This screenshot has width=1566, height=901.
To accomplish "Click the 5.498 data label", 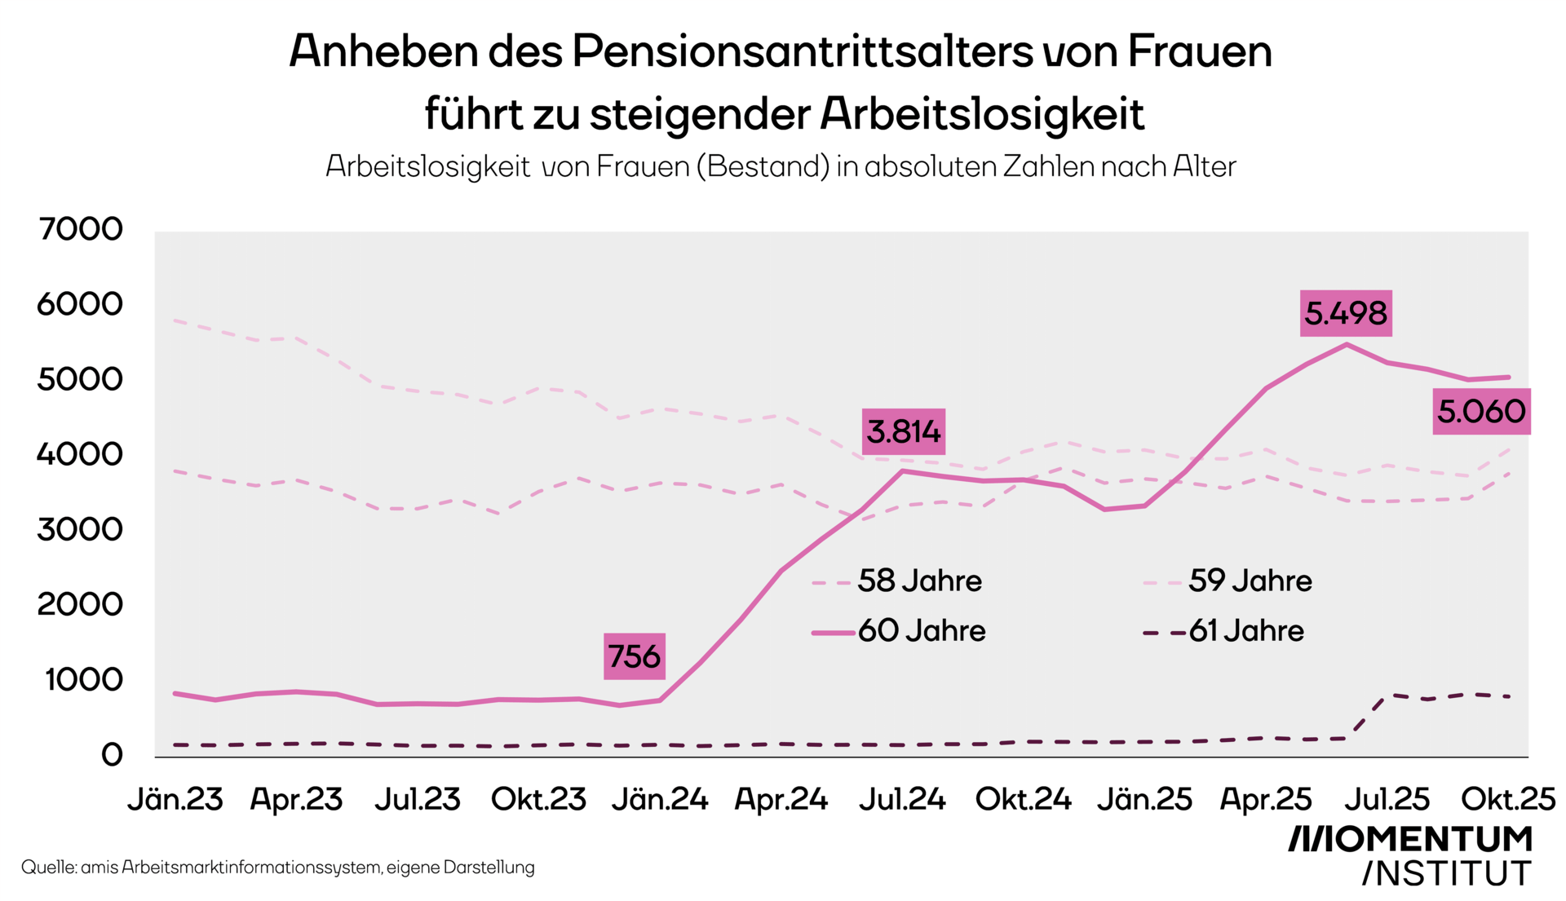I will (x=1345, y=313).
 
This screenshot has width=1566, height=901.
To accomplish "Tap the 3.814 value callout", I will (x=904, y=431).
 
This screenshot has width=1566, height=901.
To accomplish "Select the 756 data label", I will (x=635, y=656).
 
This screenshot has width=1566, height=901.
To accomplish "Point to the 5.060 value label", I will (x=1481, y=411).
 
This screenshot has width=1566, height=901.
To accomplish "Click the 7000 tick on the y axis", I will (x=80, y=229).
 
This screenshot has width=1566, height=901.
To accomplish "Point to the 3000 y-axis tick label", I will (x=80, y=530).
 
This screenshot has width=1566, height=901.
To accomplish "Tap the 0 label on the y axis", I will (x=112, y=755).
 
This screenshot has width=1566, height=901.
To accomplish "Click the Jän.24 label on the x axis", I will (x=660, y=800).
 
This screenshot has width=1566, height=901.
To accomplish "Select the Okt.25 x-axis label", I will (x=1508, y=800).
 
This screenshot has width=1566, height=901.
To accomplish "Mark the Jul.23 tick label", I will (x=418, y=800).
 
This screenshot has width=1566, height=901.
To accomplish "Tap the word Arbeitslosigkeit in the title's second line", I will (x=982, y=113).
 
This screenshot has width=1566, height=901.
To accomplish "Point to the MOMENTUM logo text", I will (x=1410, y=839).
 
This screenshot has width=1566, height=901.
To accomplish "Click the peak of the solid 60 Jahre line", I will (x=1347, y=344).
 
